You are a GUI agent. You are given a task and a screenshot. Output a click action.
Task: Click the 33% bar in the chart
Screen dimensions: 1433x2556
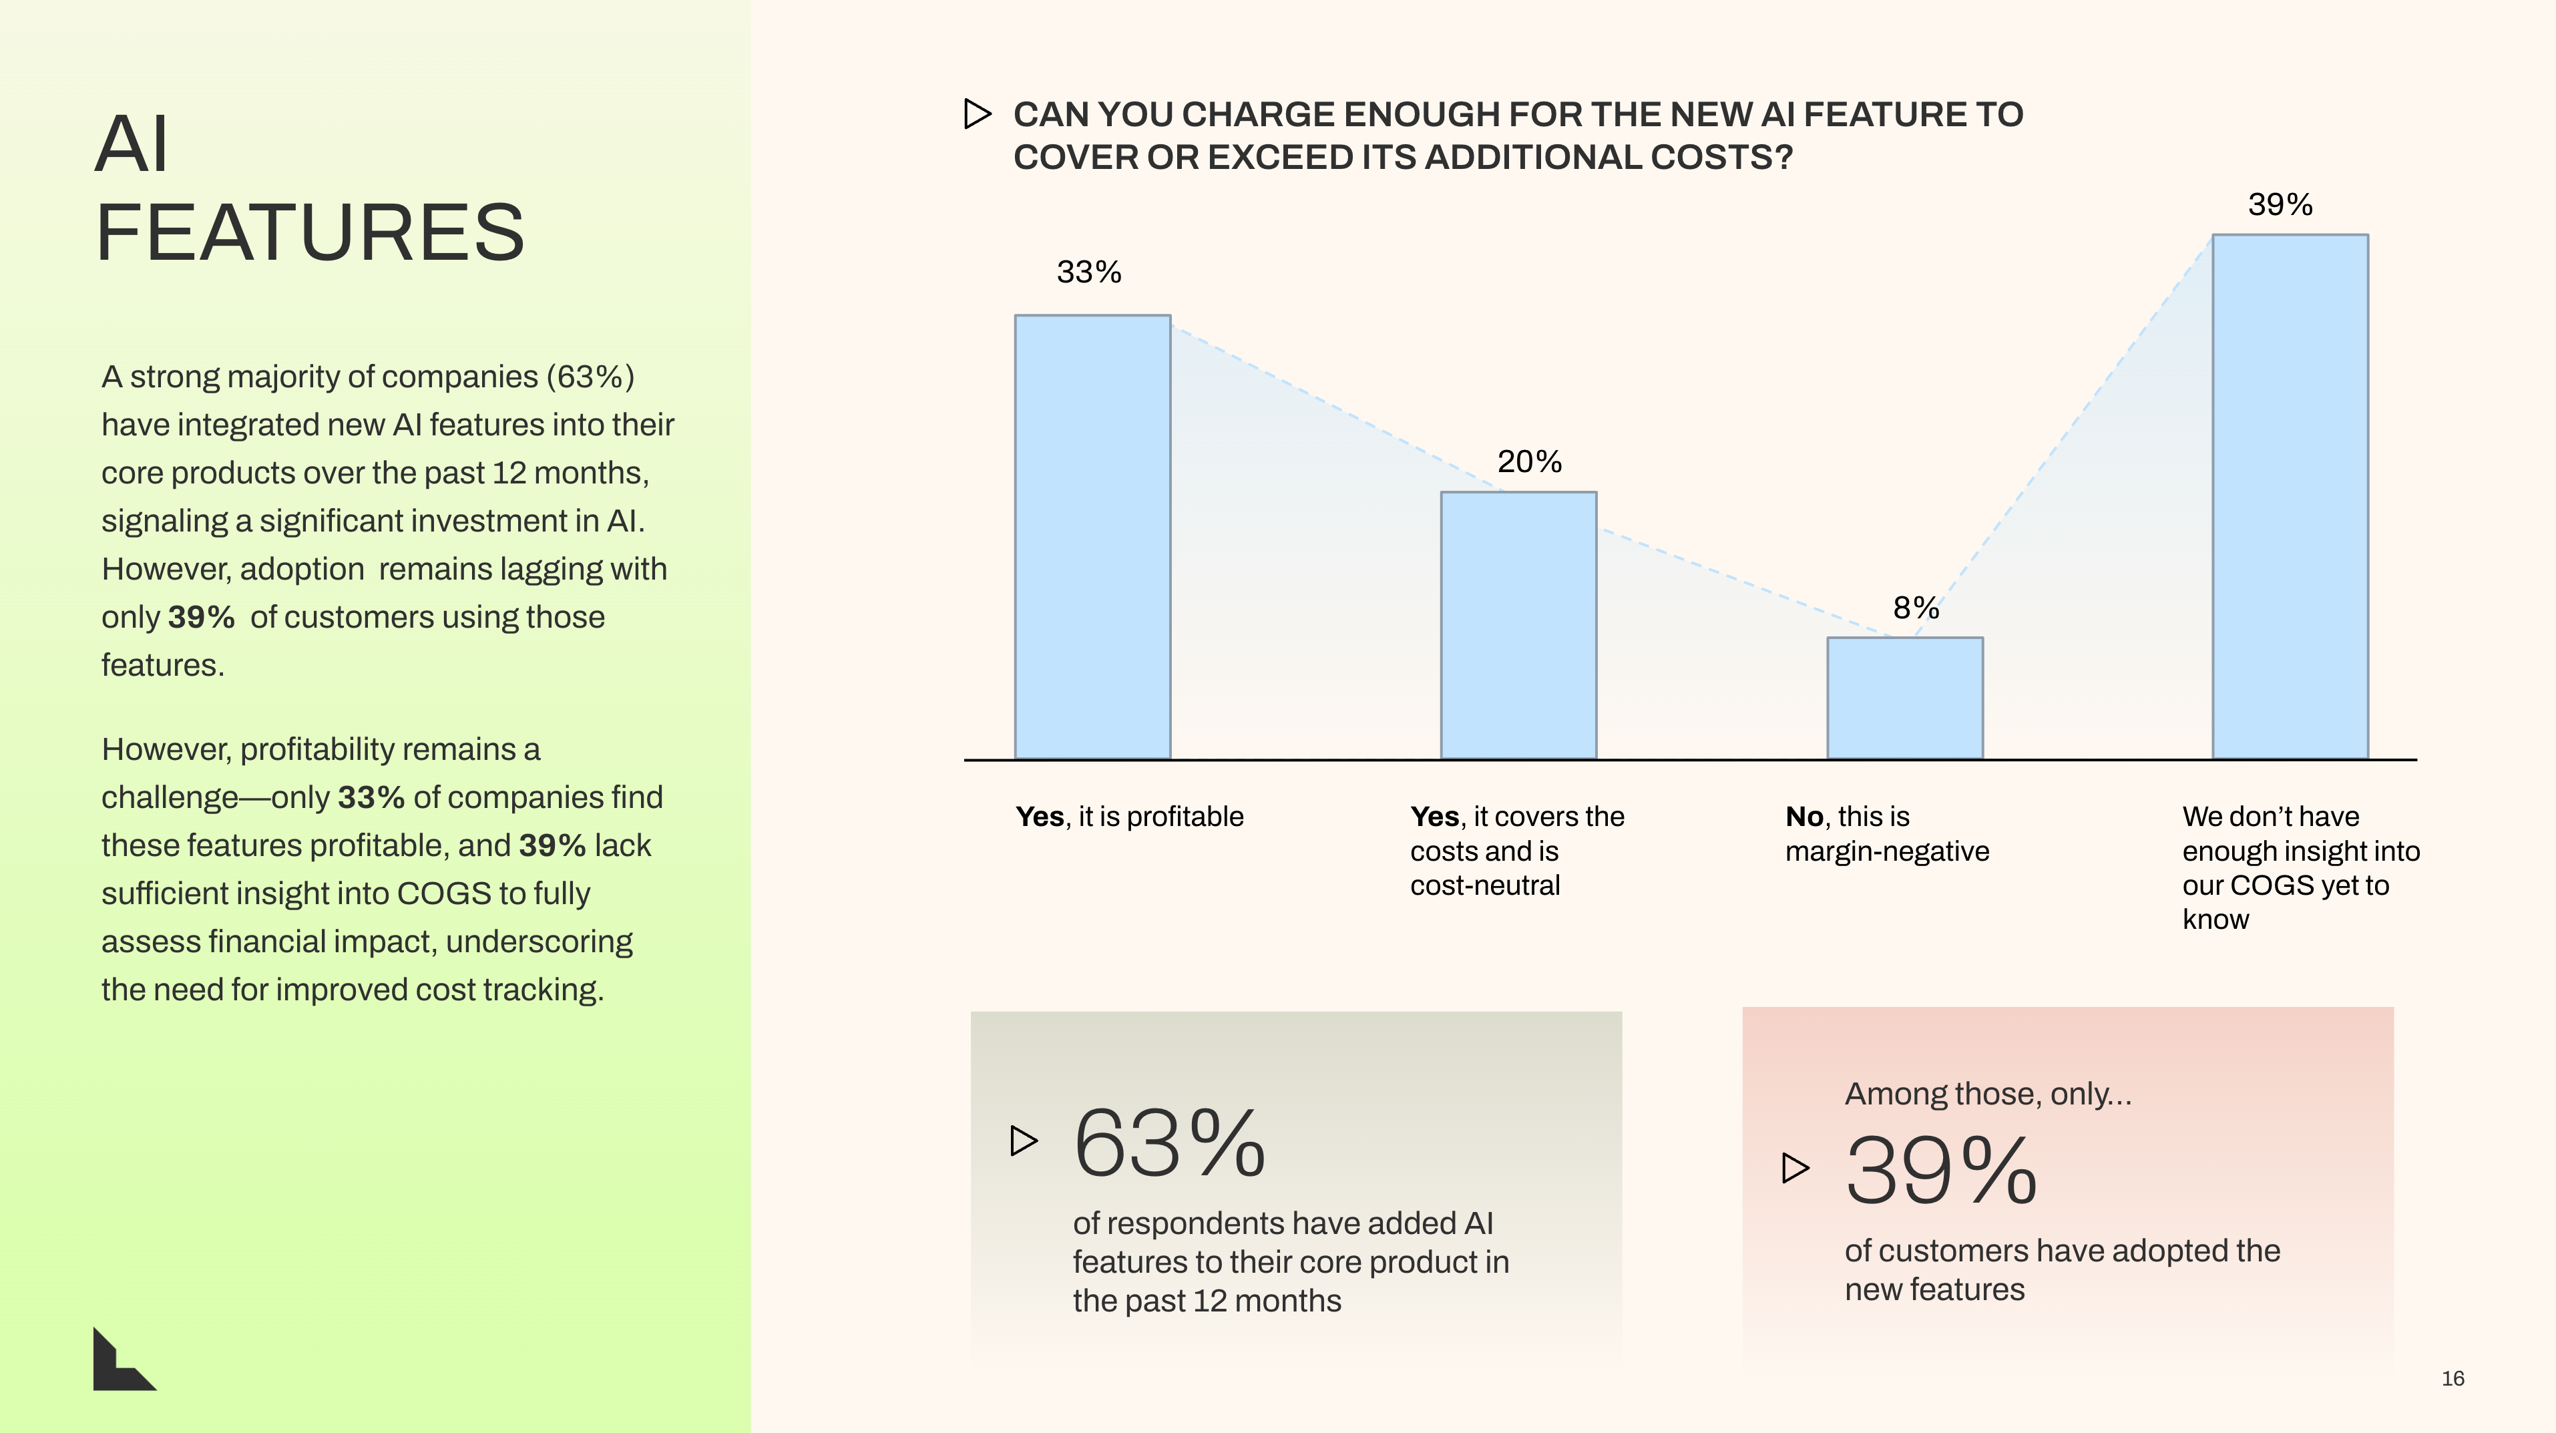pyautogui.click(x=1092, y=537)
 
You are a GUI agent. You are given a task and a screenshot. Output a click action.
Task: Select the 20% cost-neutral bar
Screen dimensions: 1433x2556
pyautogui.click(x=1518, y=625)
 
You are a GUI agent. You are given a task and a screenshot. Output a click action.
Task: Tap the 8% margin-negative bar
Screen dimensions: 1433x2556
pyautogui.click(x=1905, y=698)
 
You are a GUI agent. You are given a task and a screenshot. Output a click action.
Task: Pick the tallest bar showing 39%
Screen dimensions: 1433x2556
pyautogui.click(x=2290, y=496)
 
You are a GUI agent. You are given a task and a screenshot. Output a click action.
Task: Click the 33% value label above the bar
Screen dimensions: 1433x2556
pyautogui.click(x=1088, y=272)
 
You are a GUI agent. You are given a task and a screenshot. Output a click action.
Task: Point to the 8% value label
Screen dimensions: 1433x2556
pyautogui.click(x=1915, y=608)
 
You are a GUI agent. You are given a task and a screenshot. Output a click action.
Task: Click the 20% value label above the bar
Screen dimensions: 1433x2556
pyautogui.click(x=1529, y=461)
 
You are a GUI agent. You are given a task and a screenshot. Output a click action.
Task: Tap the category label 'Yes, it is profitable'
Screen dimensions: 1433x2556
pyautogui.click(x=1129, y=817)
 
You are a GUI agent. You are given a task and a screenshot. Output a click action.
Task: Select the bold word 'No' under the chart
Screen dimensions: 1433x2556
pyautogui.click(x=1804, y=817)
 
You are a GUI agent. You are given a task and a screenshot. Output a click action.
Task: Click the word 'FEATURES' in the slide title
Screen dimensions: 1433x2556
pyautogui.click(x=310, y=232)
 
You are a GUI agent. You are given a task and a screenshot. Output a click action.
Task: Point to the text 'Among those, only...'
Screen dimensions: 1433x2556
pyautogui.click(x=1988, y=1094)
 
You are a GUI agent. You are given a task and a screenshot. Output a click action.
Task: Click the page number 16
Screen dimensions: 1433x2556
pyautogui.click(x=2453, y=1378)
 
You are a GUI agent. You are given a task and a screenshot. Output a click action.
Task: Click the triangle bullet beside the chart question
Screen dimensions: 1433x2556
pyautogui.click(x=978, y=114)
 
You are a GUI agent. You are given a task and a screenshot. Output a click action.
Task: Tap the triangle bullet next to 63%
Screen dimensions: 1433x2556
pyautogui.click(x=1023, y=1141)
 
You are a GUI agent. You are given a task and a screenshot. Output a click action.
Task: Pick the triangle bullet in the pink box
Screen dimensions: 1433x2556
pyautogui.click(x=1795, y=1168)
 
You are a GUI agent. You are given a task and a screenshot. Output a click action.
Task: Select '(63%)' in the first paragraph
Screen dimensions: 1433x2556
pyautogui.click(x=590, y=377)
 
